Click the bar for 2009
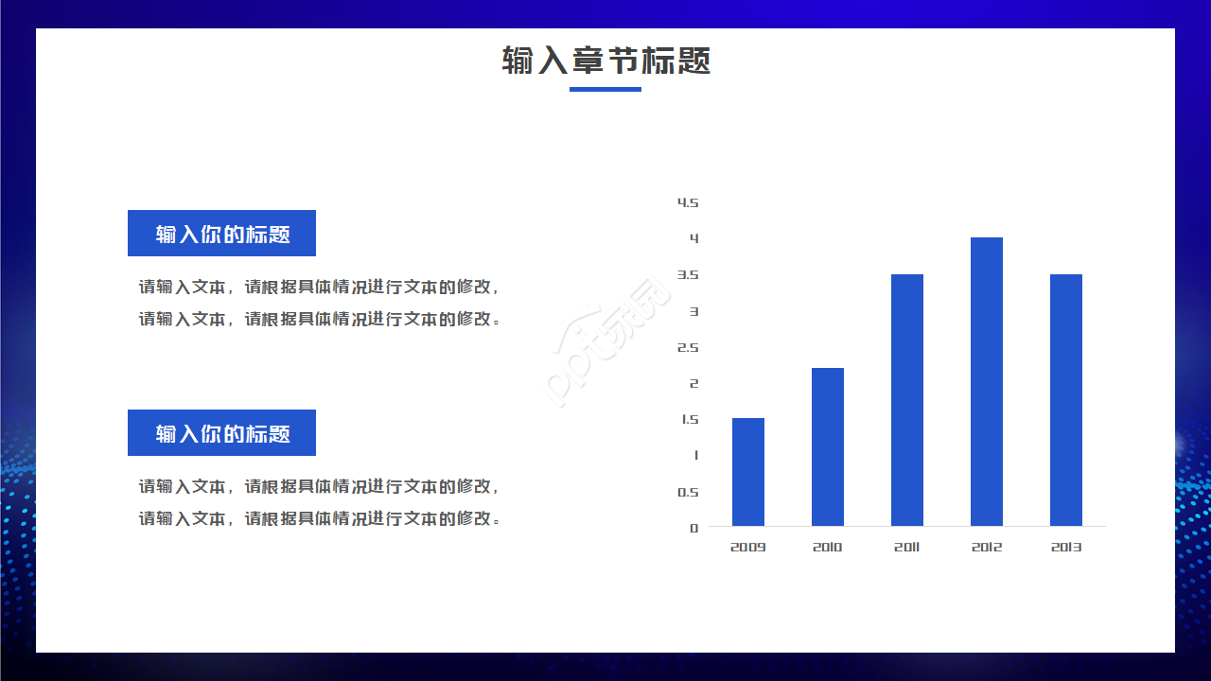(748, 472)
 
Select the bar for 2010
(828, 446)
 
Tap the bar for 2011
(907, 400)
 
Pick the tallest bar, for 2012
(987, 381)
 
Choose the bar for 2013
(1066, 400)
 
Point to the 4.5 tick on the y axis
(688, 202)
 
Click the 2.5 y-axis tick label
(688, 347)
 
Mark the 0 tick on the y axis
(694, 528)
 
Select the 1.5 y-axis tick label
(689, 420)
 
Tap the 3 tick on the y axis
(694, 311)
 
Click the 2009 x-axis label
(747, 548)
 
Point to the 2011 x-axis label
(906, 548)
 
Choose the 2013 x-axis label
(1066, 548)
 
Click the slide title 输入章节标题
(605, 61)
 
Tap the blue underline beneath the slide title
(605, 90)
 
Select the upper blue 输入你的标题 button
(221, 234)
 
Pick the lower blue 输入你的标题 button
(221, 433)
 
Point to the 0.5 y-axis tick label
(688, 492)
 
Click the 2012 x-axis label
(987, 548)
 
